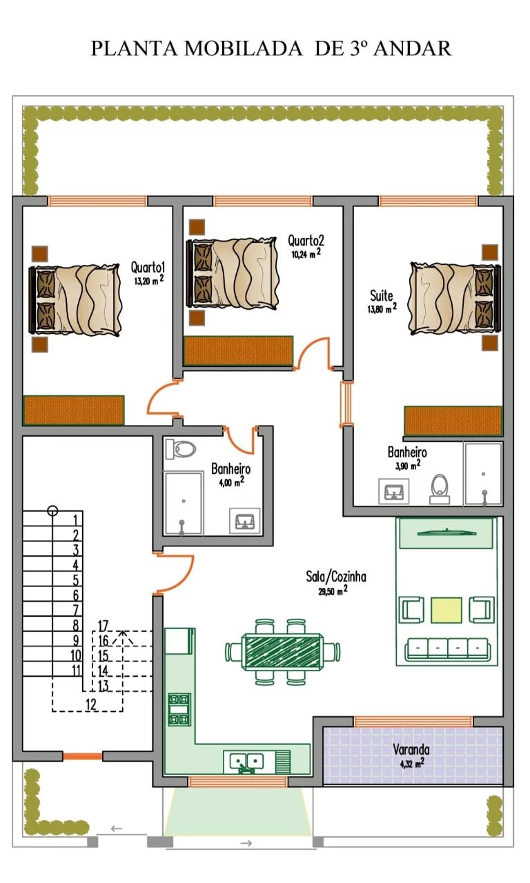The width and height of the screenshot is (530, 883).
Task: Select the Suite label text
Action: tap(382, 296)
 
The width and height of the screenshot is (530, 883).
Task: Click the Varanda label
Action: tap(411, 749)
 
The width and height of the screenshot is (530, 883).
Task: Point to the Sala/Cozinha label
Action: tap(336, 577)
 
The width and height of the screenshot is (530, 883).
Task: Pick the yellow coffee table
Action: tap(446, 611)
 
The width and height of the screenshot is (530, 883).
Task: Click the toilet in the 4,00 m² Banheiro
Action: tap(181, 448)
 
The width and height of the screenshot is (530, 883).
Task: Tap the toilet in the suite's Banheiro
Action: tap(440, 489)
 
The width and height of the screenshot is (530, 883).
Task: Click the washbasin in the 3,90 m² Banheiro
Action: tap(394, 492)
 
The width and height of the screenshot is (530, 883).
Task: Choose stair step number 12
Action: tap(90, 704)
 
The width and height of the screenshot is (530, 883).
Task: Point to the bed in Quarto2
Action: tap(233, 274)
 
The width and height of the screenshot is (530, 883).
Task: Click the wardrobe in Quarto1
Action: tap(74, 410)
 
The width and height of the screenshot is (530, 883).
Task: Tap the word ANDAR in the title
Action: tap(413, 48)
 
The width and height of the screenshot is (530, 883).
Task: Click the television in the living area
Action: tap(446, 533)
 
